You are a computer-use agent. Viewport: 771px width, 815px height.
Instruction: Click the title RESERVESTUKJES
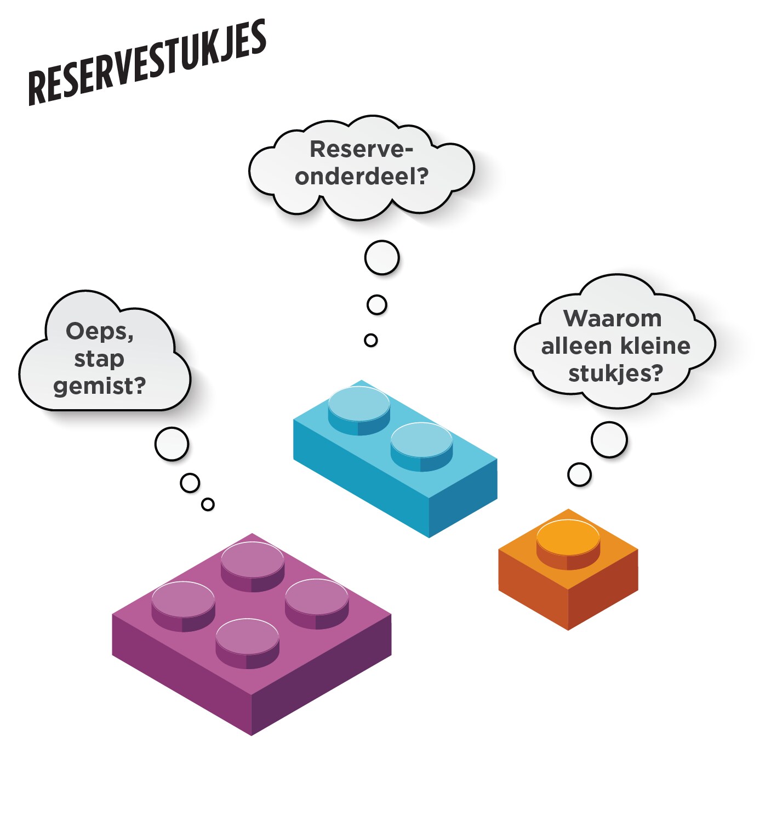click(x=147, y=63)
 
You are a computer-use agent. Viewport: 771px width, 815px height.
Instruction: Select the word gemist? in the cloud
click(x=100, y=386)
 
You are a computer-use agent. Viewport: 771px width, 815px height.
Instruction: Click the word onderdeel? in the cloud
click(x=361, y=177)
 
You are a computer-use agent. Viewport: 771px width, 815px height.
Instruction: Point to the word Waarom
click(x=612, y=319)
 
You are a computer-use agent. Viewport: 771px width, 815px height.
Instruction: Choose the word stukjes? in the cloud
click(x=615, y=373)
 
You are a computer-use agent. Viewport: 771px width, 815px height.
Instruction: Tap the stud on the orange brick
click(x=568, y=538)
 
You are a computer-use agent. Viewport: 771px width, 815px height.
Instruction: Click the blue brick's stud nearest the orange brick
click(x=421, y=442)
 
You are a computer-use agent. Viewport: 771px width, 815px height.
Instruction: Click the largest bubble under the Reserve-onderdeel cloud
click(x=381, y=257)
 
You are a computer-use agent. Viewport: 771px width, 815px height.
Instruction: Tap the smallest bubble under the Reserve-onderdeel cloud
click(x=371, y=340)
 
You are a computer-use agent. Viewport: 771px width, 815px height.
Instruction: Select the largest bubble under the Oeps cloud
click(x=172, y=444)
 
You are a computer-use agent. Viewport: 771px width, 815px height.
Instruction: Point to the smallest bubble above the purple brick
click(x=208, y=504)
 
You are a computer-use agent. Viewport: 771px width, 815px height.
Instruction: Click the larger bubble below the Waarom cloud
click(x=609, y=439)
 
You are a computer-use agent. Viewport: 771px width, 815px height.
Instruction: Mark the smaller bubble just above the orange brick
click(x=579, y=474)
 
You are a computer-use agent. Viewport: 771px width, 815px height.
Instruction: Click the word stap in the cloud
click(x=99, y=359)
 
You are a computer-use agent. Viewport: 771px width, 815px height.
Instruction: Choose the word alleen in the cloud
click(x=567, y=346)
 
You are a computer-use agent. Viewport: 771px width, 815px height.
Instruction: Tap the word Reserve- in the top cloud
click(x=361, y=149)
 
